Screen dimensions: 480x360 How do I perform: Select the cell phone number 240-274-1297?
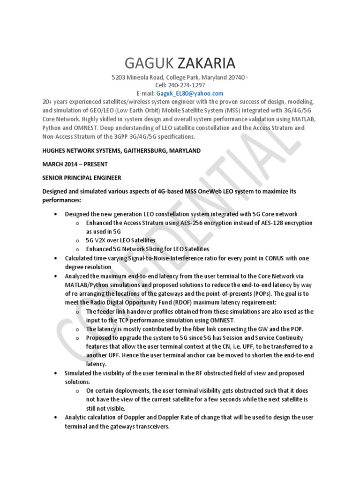[190, 86]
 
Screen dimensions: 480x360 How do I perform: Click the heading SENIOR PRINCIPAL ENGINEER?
[82, 178]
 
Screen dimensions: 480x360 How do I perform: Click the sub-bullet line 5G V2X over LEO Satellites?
[121, 240]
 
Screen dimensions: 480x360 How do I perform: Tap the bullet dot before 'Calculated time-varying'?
[56, 258]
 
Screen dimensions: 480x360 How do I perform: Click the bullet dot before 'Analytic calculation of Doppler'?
[56, 418]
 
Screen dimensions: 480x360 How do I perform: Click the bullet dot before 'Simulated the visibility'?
[56, 373]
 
